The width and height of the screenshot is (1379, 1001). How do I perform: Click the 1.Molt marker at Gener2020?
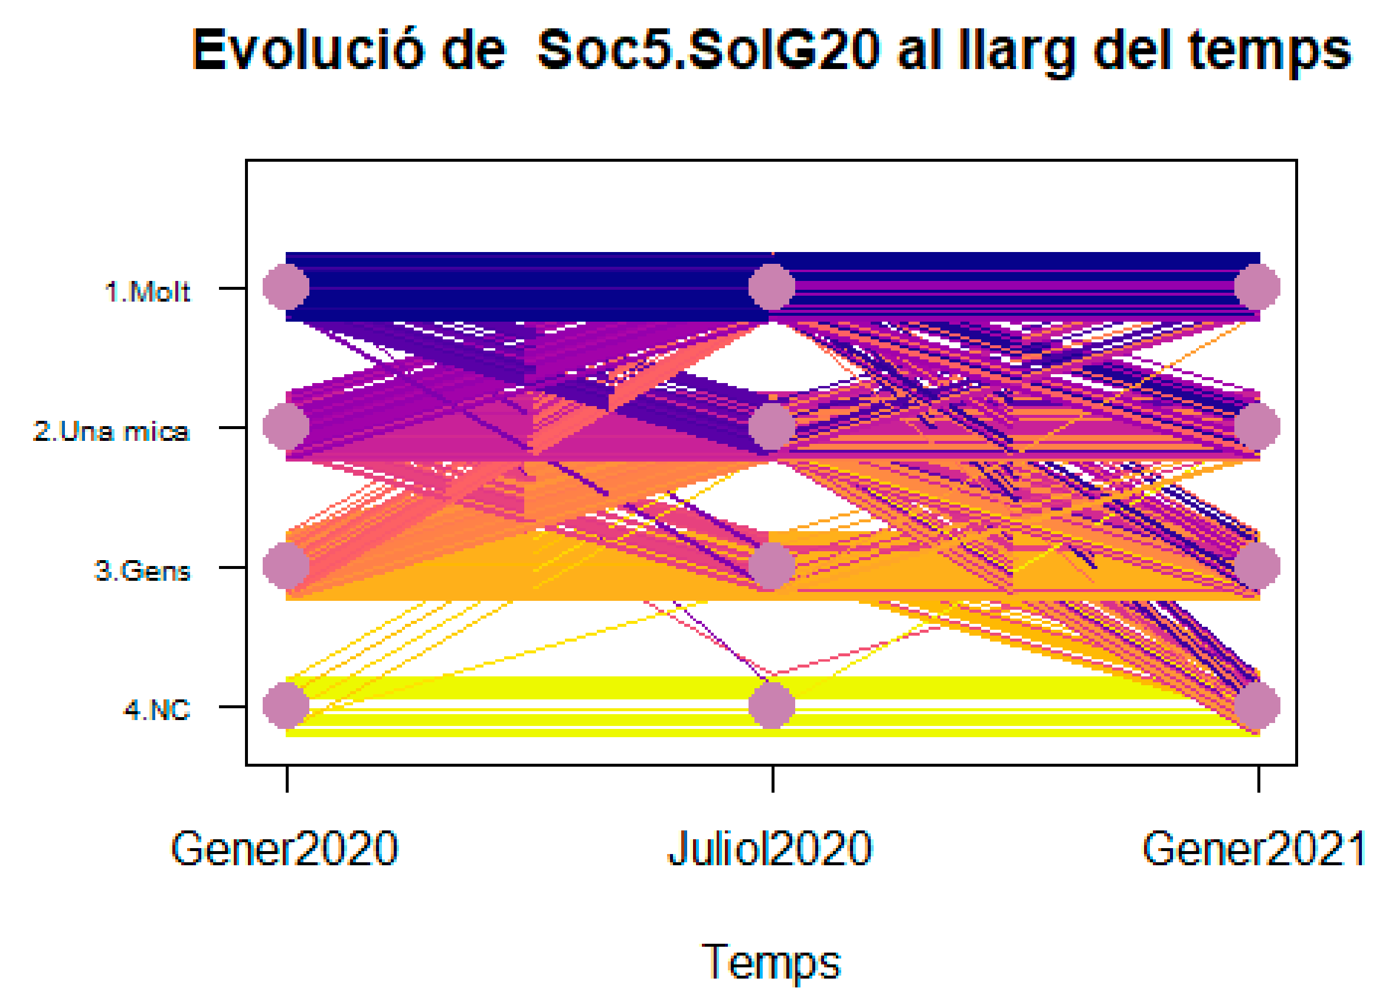(x=286, y=286)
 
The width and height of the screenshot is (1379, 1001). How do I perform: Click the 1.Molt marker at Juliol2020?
(x=772, y=286)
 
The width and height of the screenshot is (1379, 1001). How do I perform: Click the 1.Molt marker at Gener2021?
(x=1257, y=286)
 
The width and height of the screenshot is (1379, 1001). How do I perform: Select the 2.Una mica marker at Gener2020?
(x=286, y=427)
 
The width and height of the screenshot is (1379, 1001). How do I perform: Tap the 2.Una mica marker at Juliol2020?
(x=772, y=427)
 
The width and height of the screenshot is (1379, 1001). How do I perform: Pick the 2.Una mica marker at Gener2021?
(x=1257, y=427)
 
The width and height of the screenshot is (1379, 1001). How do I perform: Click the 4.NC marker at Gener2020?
(x=286, y=706)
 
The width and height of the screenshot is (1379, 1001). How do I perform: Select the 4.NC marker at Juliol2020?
(x=772, y=706)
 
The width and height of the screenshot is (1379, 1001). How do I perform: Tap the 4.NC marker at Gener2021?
(x=1257, y=706)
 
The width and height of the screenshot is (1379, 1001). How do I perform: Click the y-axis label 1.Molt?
(x=147, y=292)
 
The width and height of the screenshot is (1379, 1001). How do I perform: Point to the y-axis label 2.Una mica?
(x=111, y=431)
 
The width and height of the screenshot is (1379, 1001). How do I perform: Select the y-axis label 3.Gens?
(x=142, y=571)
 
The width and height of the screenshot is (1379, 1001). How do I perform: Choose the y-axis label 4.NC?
(x=157, y=710)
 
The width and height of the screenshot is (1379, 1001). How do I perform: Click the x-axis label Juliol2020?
(x=770, y=849)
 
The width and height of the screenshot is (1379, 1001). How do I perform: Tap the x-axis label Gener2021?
(x=1254, y=849)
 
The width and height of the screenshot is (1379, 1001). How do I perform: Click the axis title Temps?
(x=770, y=963)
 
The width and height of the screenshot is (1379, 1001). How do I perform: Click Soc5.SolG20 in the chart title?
(x=708, y=50)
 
